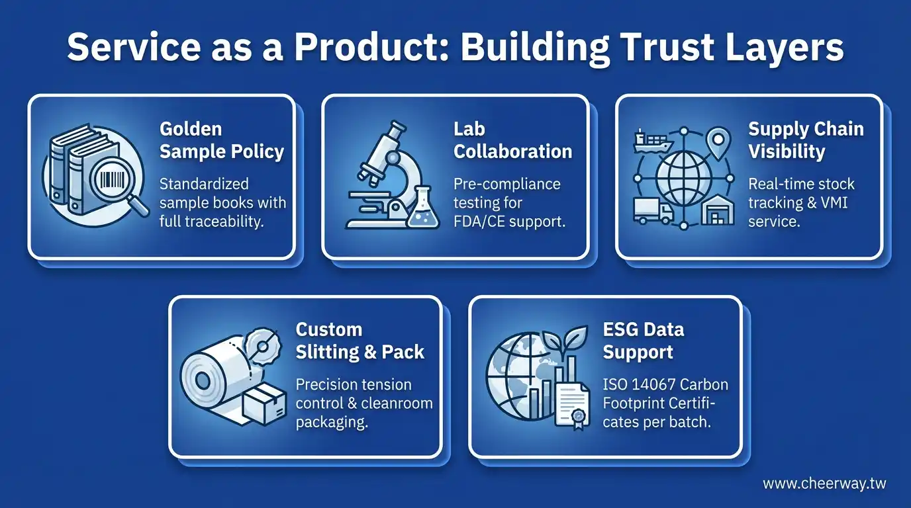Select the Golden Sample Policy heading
[x=222, y=141]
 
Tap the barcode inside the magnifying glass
[x=113, y=179]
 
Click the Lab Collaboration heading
[x=513, y=141]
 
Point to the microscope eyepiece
[x=396, y=130]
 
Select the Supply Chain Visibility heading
[x=806, y=141]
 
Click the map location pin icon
[x=718, y=143]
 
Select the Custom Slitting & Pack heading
[x=360, y=341]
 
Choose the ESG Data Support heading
[x=644, y=341]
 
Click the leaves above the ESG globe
[x=567, y=339]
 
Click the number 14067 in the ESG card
[x=655, y=384]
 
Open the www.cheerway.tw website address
[x=824, y=484]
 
